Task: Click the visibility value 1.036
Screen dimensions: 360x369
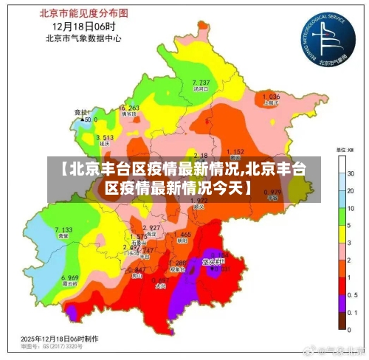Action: (271, 97)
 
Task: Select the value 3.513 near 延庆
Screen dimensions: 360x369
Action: (104, 138)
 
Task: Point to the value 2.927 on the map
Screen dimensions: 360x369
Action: (151, 227)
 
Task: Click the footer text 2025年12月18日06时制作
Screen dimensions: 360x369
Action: (58, 337)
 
